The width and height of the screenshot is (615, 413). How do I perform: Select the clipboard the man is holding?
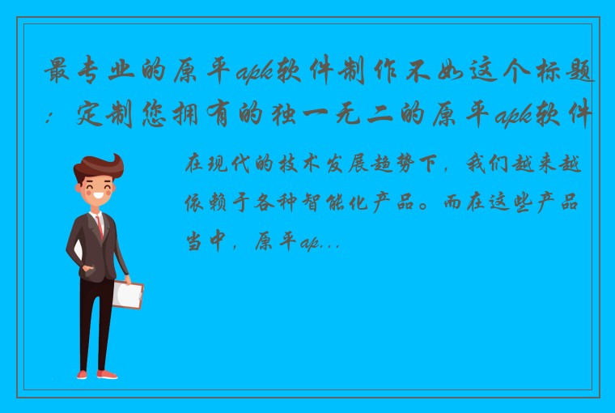127,294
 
